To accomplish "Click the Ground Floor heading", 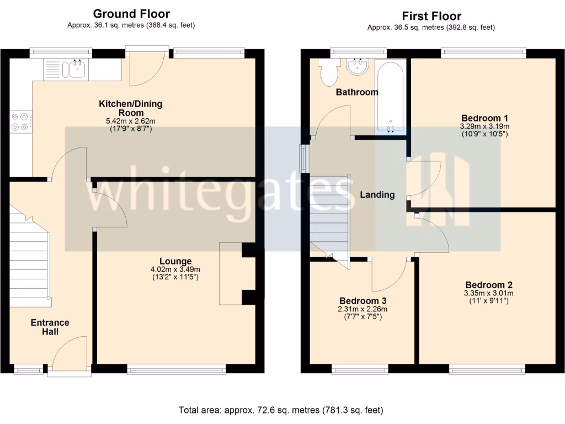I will (x=131, y=14).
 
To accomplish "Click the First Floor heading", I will (x=431, y=16).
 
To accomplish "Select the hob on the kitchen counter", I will (x=20, y=122).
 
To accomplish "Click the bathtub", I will (x=391, y=97).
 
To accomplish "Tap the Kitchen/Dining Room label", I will (x=131, y=108).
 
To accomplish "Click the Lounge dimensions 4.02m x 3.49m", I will (x=175, y=269).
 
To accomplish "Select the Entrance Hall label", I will (x=50, y=327).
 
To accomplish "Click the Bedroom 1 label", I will (x=484, y=118).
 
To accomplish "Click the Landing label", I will (x=377, y=195).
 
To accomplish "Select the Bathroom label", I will (x=357, y=92).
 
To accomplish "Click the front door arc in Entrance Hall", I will (x=70, y=353).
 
